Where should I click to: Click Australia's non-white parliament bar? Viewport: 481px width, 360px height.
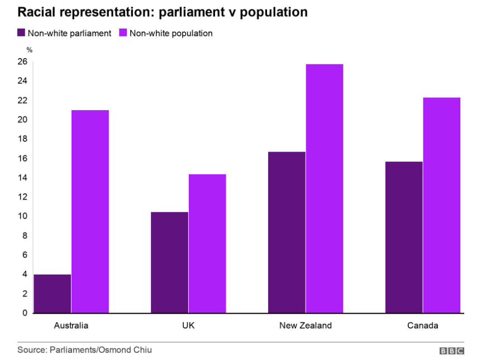(53, 293)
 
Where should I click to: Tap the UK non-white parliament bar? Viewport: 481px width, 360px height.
(170, 262)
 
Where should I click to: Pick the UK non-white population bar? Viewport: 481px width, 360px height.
(207, 243)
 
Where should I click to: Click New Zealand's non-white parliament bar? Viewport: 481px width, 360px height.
(287, 232)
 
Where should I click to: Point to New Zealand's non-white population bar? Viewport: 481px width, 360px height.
(325, 188)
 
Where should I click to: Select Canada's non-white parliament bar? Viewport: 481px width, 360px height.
(404, 237)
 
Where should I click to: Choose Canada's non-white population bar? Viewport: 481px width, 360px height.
(441, 205)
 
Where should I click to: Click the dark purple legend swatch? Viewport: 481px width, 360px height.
(21, 33)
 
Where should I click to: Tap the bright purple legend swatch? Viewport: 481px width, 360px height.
(123, 33)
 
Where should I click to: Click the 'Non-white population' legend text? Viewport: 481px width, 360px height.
(171, 33)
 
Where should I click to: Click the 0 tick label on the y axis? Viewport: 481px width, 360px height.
(25, 313)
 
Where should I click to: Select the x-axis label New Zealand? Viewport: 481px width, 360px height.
(306, 325)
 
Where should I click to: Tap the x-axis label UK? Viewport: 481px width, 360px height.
(188, 325)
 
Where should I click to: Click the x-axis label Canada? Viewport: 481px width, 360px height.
(423, 325)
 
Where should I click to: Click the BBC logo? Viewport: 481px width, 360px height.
(451, 350)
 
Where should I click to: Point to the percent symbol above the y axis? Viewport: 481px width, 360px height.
(30, 50)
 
